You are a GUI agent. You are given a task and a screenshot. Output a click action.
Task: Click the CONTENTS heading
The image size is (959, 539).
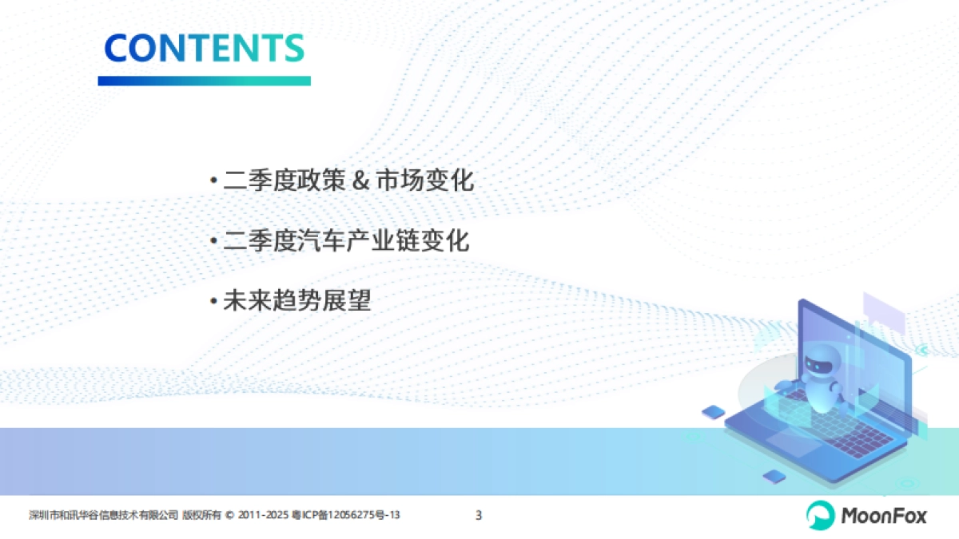(204, 48)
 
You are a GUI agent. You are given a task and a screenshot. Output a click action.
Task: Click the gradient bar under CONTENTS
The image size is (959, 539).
(204, 81)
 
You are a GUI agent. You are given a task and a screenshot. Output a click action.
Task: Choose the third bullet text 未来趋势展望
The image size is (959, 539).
(297, 301)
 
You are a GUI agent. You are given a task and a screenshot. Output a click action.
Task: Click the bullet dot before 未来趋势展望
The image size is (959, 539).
(213, 302)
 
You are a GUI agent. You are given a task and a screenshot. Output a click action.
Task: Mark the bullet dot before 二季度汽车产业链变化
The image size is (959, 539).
(213, 242)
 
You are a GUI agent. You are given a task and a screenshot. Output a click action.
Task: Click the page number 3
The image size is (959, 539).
(479, 515)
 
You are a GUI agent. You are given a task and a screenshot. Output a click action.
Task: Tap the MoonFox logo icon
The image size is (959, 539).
(819, 515)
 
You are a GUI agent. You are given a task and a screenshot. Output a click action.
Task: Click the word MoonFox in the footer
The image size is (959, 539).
(883, 516)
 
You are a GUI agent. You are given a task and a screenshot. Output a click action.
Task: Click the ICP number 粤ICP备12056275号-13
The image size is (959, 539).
(345, 516)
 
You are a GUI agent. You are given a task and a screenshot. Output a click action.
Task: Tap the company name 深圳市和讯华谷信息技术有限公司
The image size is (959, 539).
(103, 516)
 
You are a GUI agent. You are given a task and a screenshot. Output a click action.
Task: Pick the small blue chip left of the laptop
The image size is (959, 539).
(713, 412)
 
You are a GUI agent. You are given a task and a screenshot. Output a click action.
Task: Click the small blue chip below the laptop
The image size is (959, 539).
(773, 477)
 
